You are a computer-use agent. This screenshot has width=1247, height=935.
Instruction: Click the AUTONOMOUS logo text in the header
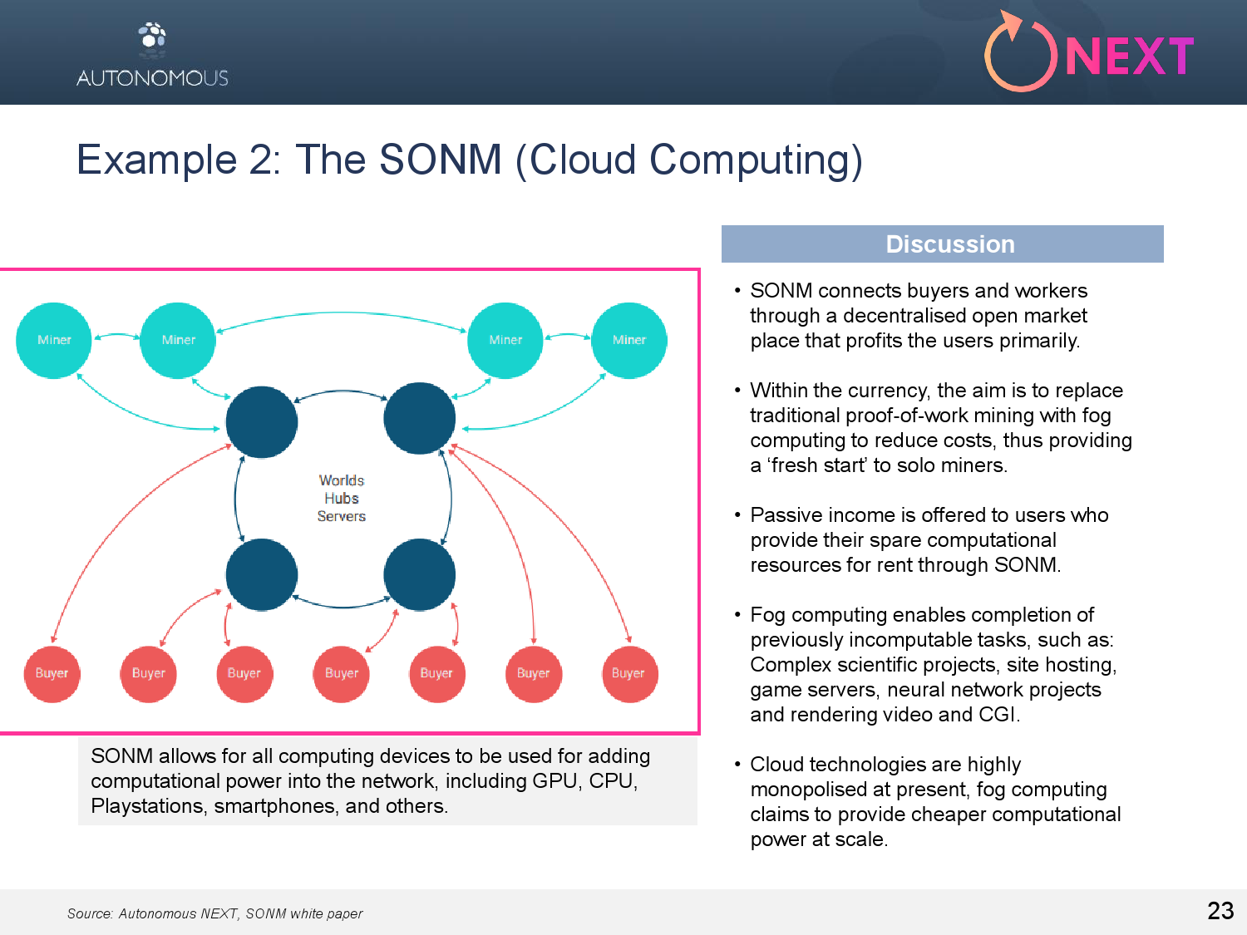pos(152,78)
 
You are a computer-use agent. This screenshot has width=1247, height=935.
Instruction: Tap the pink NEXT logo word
pos(1129,57)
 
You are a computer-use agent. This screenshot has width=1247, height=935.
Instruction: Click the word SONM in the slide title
pos(441,160)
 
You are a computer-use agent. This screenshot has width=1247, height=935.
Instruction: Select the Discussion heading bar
pos(942,244)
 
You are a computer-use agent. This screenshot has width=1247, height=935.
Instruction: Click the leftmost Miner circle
pos(54,340)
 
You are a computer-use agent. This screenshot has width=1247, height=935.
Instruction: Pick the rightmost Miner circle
pos(629,340)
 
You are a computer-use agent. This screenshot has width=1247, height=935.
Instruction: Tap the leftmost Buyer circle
pos(52,673)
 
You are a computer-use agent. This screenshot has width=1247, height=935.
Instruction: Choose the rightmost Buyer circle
pos(628,673)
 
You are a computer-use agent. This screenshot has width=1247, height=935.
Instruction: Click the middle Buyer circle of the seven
pos(342,673)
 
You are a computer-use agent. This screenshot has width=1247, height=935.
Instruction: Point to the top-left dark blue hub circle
pos(262,421)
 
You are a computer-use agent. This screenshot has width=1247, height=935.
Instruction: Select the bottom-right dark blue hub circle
pos(419,574)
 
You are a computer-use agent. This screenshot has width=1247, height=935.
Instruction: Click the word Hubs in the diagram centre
pos(342,499)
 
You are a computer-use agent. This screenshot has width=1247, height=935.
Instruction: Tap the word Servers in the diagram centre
pos(342,516)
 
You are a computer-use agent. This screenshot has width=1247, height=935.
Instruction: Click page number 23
pos(1220,911)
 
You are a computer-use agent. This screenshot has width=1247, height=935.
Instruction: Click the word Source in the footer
pos(89,913)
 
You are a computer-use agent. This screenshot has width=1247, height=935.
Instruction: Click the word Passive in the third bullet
pos(781,515)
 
